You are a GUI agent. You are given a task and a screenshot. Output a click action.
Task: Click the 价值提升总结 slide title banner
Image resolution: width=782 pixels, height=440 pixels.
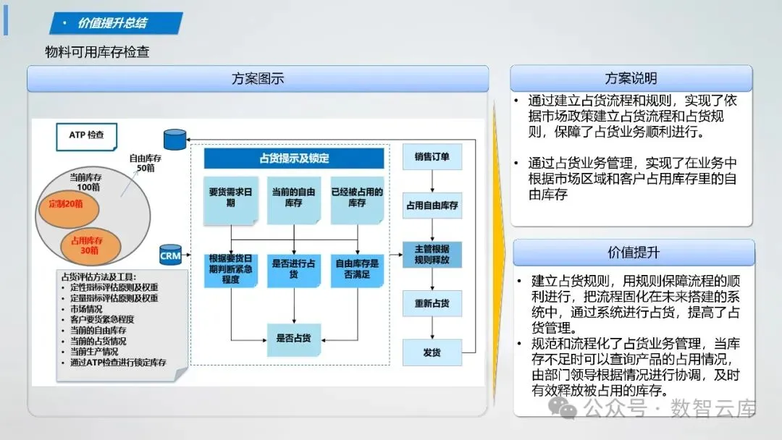coord(114,23)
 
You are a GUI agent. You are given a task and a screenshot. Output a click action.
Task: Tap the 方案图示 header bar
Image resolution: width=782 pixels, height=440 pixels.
coord(258,79)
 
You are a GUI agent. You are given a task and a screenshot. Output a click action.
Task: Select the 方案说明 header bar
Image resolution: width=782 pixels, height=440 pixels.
coord(631,78)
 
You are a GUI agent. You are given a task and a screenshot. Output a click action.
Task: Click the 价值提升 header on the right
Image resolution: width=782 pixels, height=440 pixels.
coord(634,253)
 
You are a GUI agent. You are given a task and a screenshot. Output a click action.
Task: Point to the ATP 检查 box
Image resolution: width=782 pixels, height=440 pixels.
coord(86,135)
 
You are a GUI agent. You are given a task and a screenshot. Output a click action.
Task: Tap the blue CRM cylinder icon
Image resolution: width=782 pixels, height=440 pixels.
coord(170,255)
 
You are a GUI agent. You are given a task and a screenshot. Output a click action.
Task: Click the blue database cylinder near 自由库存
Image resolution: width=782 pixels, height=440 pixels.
coord(175,140)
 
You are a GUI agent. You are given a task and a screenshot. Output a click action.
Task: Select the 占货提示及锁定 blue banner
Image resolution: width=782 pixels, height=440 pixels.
coord(294,158)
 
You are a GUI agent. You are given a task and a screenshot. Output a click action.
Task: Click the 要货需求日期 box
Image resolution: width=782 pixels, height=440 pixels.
coord(231,198)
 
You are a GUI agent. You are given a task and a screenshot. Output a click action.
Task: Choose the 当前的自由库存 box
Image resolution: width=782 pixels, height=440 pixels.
coord(294,198)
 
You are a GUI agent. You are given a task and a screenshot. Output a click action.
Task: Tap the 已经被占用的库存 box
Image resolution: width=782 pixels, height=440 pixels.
coord(356,198)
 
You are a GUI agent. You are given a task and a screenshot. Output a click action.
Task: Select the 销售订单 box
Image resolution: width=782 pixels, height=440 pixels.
coord(432,156)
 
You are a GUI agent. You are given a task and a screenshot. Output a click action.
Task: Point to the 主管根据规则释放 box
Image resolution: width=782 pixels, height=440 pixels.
coord(432,254)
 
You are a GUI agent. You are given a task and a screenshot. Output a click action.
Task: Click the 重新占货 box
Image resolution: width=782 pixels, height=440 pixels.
coord(432,303)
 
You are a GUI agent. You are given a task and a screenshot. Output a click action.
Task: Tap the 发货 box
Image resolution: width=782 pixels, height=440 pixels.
coord(432,352)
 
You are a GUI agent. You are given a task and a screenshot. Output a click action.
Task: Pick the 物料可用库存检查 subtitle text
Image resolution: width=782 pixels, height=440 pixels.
coord(97,52)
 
